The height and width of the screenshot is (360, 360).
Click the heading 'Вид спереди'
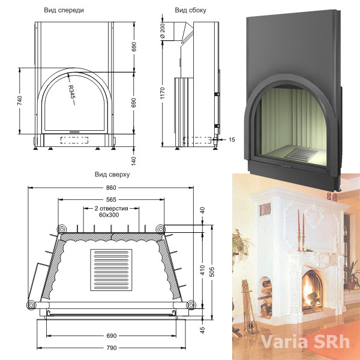(x=64, y=10)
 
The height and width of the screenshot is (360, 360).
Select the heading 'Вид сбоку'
(x=190, y=10)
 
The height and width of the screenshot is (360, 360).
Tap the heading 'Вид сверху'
(x=112, y=175)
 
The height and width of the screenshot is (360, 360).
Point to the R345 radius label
(x=72, y=92)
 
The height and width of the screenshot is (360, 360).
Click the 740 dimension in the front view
(x=20, y=101)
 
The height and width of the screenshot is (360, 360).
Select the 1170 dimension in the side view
(x=163, y=93)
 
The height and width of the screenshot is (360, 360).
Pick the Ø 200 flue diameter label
(x=163, y=31)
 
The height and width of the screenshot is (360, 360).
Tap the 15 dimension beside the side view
(x=232, y=140)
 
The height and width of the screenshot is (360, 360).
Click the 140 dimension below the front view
(x=133, y=161)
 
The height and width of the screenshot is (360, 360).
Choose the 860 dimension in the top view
(x=111, y=188)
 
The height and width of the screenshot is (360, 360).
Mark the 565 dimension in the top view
(x=111, y=200)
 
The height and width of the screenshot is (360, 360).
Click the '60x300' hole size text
(x=109, y=215)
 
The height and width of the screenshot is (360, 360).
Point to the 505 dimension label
(x=212, y=272)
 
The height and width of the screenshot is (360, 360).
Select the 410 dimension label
(x=202, y=270)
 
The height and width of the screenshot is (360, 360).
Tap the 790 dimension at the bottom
(x=112, y=348)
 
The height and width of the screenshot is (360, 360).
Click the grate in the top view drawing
(x=111, y=270)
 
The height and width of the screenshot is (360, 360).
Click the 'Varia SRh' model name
(x=305, y=342)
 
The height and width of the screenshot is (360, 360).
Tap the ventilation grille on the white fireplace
(x=265, y=209)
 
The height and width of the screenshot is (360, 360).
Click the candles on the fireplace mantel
(x=301, y=230)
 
